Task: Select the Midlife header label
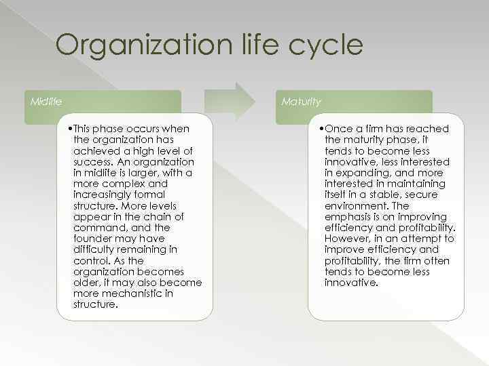coord(46,102)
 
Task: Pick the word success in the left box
coord(91,162)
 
